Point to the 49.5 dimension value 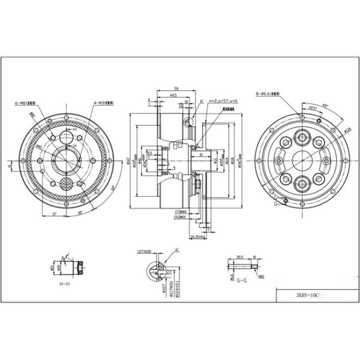pyautogui.click(x=173, y=95)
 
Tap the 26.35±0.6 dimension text pyautogui.click(x=198, y=236)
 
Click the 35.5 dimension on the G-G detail pyautogui.click(x=241, y=256)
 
